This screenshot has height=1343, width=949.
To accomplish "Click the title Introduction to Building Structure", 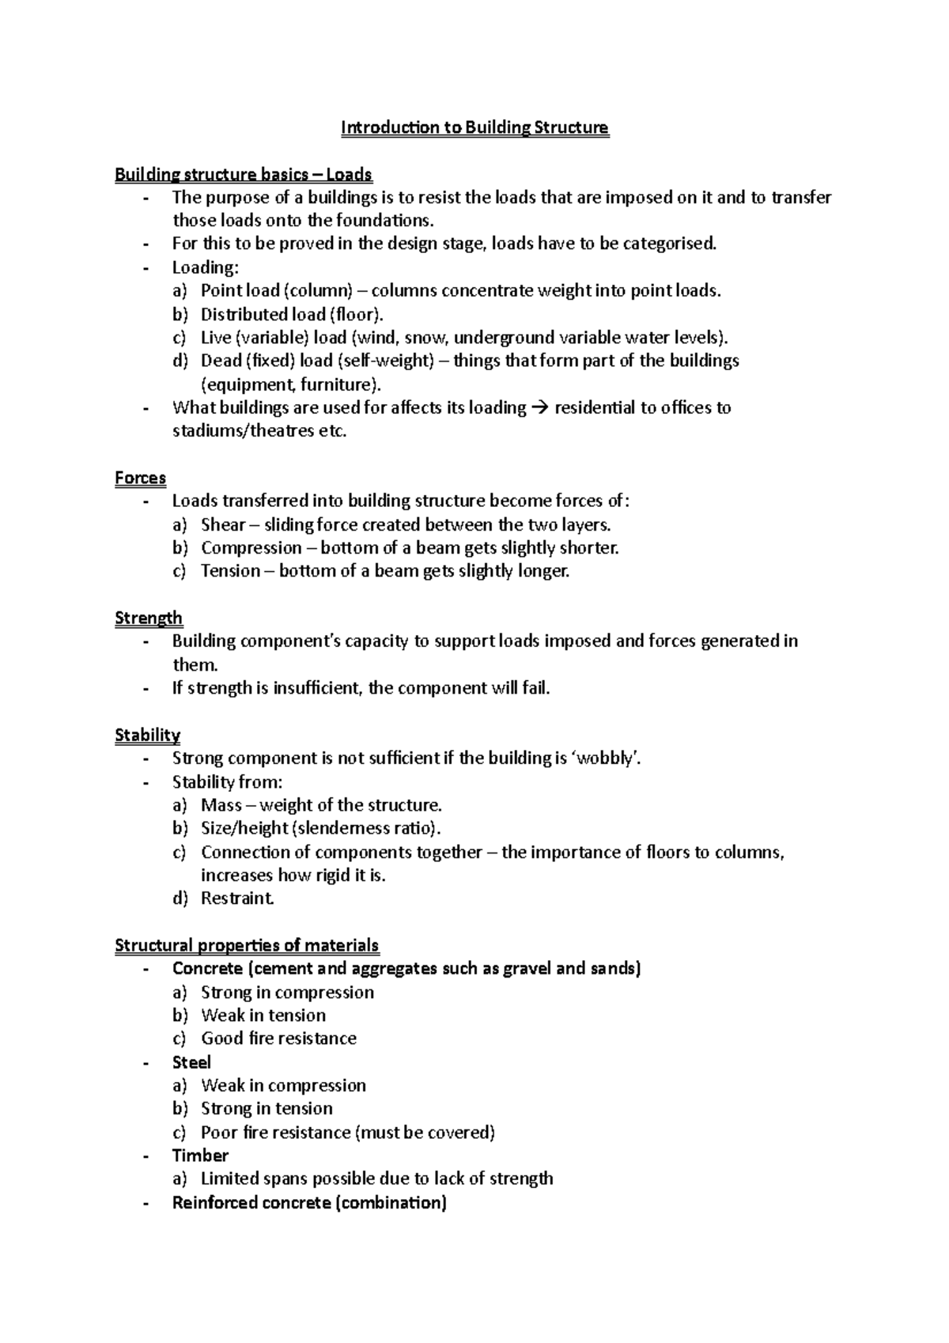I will pos(475,127).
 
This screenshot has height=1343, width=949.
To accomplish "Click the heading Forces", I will pos(140,478).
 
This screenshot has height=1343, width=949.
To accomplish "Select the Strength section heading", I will pos(149,618).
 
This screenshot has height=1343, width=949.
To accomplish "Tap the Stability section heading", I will pos(147,735).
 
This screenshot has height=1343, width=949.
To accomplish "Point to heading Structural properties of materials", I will pos(247,945).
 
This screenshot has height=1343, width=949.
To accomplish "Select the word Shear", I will pos(223,524).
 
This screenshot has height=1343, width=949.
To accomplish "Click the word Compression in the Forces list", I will pos(251,548).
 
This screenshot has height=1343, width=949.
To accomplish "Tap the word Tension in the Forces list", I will pos(230,571).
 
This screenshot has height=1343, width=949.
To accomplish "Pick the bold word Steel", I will pos(191,1062).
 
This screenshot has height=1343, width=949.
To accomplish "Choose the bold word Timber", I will pos(200,1156).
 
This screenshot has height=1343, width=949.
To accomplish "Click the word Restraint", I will pos(237,898).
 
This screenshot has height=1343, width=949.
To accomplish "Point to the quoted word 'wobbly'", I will pos(605,759).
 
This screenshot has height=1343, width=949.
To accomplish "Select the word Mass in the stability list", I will pos(221,805).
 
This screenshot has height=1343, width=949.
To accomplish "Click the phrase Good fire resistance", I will pos(278,1038).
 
